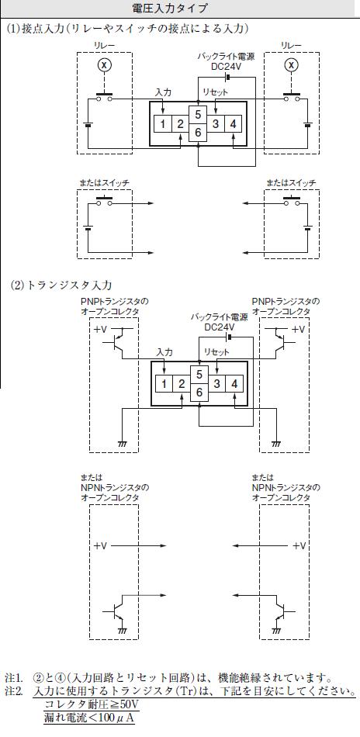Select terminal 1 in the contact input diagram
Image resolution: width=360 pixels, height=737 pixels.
(x=162, y=124)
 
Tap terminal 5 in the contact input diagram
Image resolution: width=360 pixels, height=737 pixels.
(x=198, y=115)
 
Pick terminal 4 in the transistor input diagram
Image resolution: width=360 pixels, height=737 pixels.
(x=234, y=384)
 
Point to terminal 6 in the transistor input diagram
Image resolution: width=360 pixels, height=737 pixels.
(x=199, y=392)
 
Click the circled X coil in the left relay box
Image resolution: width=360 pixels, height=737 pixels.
(x=104, y=65)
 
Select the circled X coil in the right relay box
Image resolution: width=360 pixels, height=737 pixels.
(x=292, y=65)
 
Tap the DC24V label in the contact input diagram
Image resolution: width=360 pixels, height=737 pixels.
(x=226, y=67)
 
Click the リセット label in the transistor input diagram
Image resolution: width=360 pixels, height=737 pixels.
(x=216, y=351)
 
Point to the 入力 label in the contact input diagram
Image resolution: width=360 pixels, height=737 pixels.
(x=163, y=92)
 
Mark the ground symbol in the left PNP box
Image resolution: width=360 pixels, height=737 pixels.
(x=123, y=443)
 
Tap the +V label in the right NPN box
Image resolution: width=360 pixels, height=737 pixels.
(x=299, y=545)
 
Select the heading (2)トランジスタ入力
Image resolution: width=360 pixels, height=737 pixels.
(x=61, y=285)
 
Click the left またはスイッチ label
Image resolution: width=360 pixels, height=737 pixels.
(x=104, y=182)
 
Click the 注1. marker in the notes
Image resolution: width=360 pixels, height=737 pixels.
(x=14, y=679)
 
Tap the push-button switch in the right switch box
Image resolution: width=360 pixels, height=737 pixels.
(x=292, y=201)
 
